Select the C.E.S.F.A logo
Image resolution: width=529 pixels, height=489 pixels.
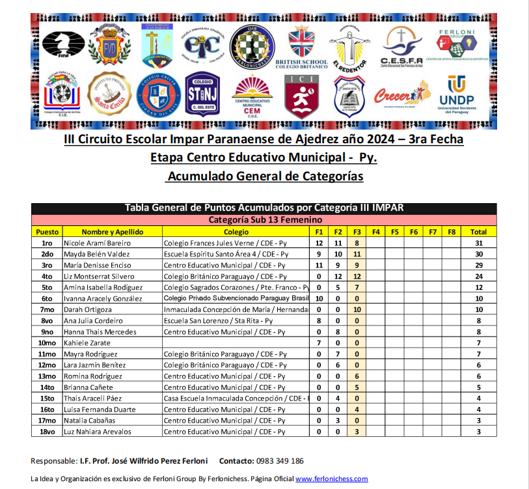coord(401,46)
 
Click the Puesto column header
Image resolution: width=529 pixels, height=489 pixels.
coord(47,232)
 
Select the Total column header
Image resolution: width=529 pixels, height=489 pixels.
coord(478,232)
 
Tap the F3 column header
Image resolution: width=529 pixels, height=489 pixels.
coord(357,232)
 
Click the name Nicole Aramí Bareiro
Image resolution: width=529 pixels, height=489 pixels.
coord(96,243)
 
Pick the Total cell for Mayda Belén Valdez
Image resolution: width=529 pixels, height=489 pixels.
coord(478,254)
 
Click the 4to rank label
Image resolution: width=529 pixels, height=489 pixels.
coord(47,276)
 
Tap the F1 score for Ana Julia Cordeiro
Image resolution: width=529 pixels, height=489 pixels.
coord(319,320)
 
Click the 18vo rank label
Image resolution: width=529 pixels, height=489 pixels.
coord(47,431)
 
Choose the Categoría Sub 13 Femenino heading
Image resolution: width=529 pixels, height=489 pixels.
coord(264,220)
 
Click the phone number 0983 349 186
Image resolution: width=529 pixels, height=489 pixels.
coord(280,461)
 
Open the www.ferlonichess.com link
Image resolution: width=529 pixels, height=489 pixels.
coord(331,479)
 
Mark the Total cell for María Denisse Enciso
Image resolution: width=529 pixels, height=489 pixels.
coord(478,265)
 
